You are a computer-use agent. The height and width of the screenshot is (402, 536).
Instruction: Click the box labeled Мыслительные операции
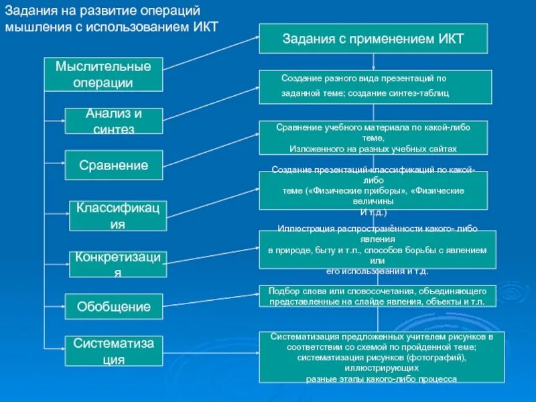[103, 74]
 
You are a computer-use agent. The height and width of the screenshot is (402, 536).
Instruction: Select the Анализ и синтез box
[113, 121]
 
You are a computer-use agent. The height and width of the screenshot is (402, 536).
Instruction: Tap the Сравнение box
[113, 165]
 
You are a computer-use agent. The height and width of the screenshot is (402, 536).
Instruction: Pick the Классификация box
[118, 216]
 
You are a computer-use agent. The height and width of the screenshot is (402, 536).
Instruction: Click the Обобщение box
[113, 307]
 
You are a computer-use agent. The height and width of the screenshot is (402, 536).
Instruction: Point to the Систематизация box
[113, 351]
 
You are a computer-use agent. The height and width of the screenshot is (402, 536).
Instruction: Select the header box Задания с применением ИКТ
[373, 39]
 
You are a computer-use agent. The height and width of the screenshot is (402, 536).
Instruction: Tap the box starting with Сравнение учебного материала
[373, 138]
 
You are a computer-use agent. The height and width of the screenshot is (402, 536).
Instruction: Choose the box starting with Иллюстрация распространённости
[377, 249]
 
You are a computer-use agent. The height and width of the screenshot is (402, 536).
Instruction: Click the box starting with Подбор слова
[377, 296]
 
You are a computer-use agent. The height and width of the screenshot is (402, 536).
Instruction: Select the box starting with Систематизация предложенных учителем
[377, 356]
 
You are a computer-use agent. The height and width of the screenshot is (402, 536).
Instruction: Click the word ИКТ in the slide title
[205, 29]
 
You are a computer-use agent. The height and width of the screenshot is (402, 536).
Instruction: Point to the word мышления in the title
[34, 29]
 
